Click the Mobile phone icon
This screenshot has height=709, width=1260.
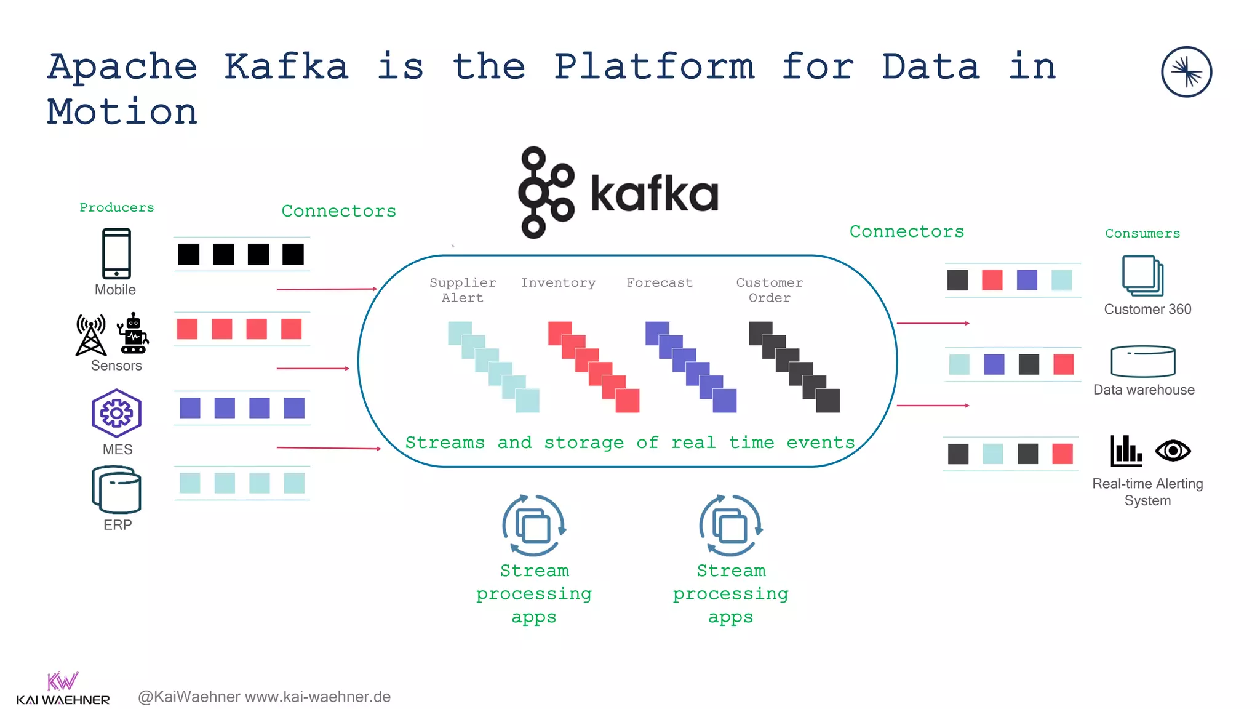(116, 254)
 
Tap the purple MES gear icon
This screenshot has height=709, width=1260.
(116, 412)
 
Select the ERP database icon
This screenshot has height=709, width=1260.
(116, 489)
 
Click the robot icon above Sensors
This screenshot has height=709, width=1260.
(133, 334)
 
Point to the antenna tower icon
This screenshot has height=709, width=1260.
(91, 335)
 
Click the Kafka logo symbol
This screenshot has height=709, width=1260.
(546, 192)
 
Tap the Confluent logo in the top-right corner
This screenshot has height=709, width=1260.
(1186, 72)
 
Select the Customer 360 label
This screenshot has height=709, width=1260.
(1147, 309)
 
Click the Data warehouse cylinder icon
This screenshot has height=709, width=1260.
(1142, 361)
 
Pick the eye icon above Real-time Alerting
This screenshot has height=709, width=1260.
(1173, 451)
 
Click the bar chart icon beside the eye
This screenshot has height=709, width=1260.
(1126, 451)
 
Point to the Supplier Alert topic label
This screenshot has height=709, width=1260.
(463, 290)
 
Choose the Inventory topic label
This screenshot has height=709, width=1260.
(558, 282)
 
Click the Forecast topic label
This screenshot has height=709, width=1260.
(660, 282)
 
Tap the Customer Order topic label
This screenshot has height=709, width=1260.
(769, 290)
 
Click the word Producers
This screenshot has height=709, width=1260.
(117, 207)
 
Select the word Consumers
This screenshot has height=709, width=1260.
(1142, 233)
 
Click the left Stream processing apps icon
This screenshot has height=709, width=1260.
(533, 526)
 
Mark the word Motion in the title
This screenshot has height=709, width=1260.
(122, 112)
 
